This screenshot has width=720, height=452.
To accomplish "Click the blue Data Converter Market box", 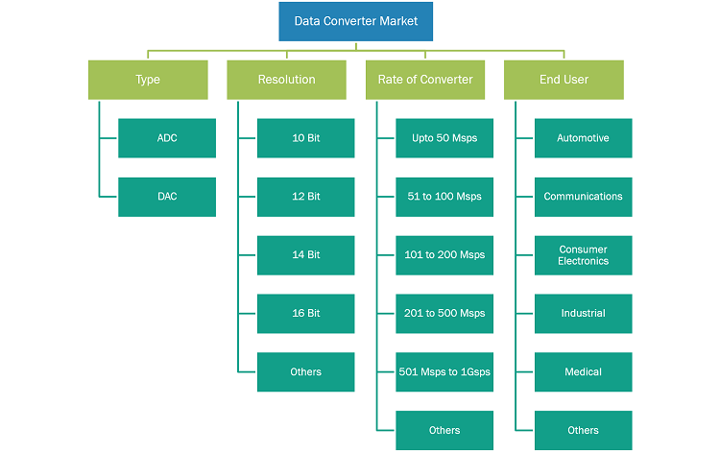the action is [356, 21].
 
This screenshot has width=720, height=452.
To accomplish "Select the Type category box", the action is [148, 80].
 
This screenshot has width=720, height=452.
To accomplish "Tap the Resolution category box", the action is [286, 80].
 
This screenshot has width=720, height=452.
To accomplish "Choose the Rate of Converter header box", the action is [425, 80].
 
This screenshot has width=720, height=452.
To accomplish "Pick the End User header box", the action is [564, 80].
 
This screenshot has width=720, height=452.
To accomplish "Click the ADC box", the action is [167, 138].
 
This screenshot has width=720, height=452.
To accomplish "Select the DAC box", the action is [167, 197].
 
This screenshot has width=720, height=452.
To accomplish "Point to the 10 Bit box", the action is [306, 138].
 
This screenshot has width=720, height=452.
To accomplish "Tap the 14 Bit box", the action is [306, 255].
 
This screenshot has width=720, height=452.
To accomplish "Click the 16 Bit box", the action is [306, 314].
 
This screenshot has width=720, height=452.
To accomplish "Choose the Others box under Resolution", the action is [306, 371].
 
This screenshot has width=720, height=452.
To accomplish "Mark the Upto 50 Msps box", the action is [444, 138].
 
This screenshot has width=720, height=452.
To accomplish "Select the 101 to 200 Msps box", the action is [444, 255].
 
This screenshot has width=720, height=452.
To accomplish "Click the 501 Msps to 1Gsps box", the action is [444, 371].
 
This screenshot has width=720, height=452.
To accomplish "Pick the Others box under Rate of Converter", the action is [444, 431].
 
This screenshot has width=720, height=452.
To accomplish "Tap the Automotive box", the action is [583, 138].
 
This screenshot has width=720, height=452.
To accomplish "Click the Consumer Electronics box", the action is [583, 255].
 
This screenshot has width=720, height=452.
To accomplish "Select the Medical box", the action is [583, 371].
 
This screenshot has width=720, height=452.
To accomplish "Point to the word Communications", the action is [583, 197].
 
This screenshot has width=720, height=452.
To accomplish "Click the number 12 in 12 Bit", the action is [298, 197].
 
